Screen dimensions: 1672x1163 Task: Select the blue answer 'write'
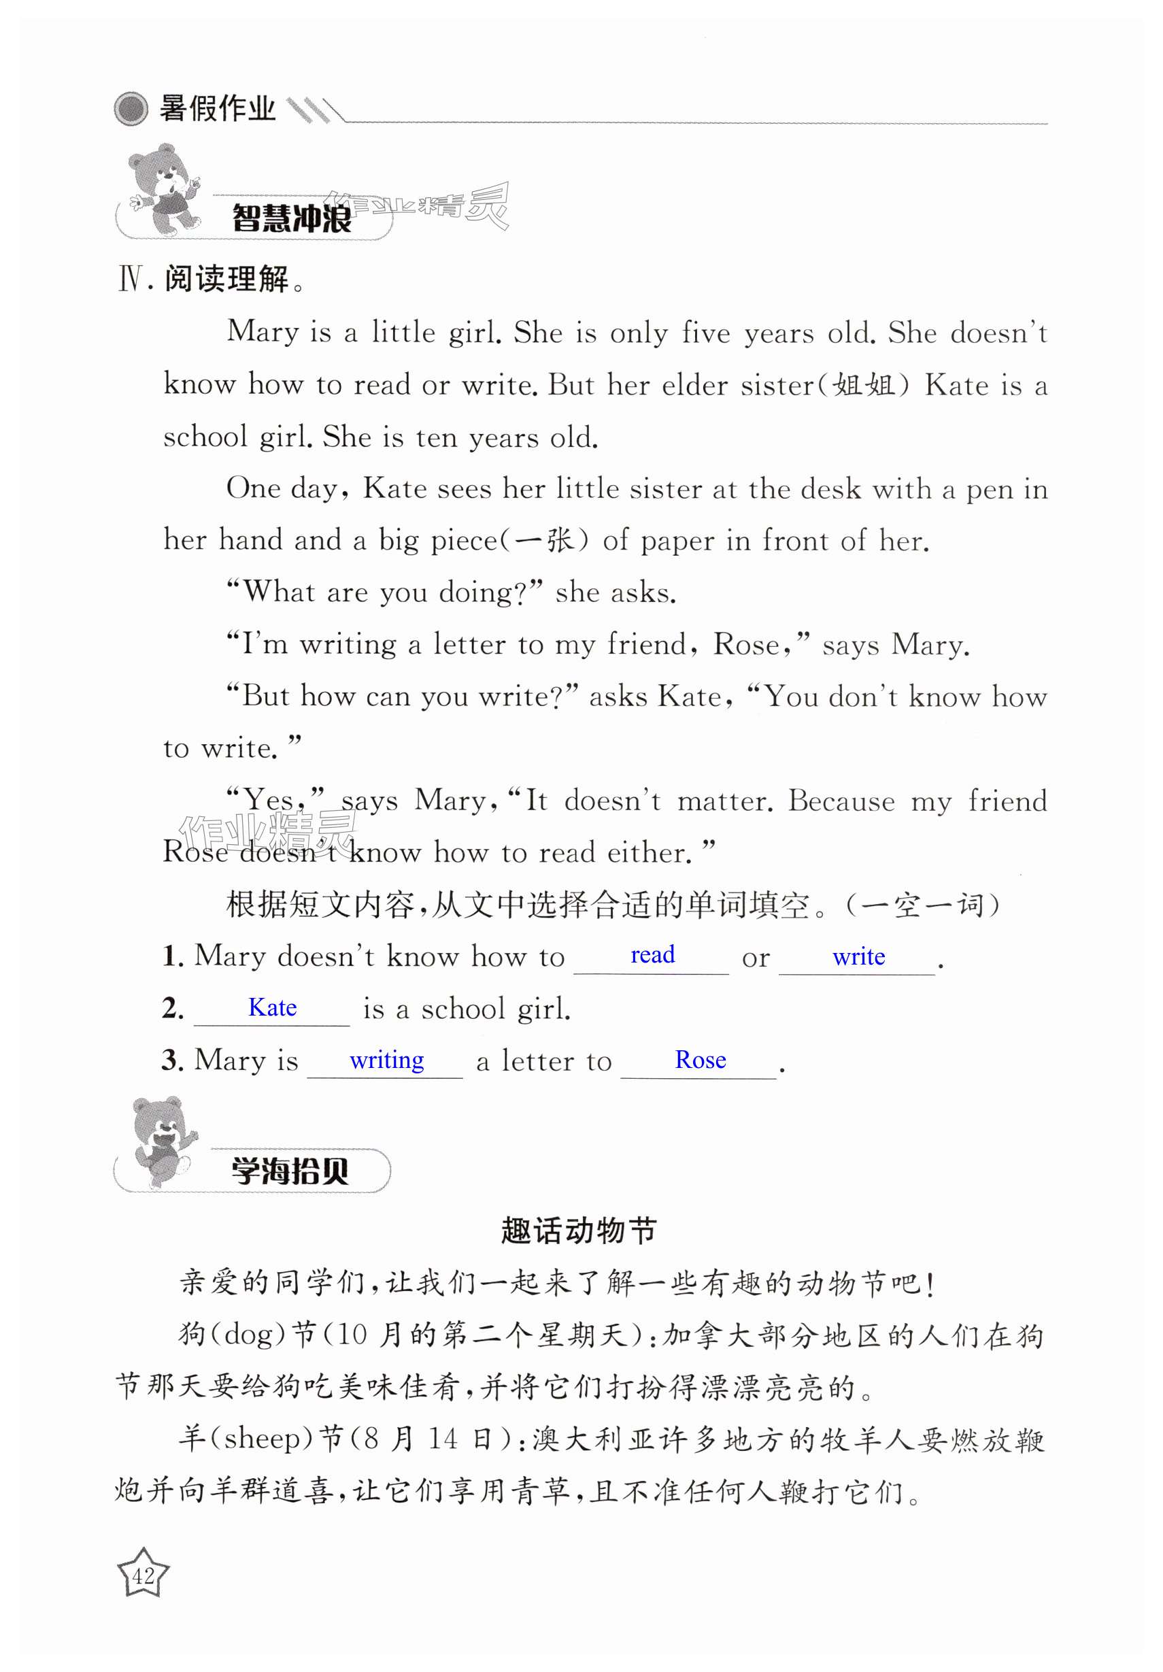[x=858, y=956]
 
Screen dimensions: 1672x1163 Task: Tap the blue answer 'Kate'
[x=272, y=1007]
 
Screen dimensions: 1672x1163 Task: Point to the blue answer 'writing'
[x=387, y=1060]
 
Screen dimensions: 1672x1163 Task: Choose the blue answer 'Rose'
[x=700, y=1060]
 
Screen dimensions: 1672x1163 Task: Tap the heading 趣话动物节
[x=579, y=1231]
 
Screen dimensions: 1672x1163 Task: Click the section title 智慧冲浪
[x=291, y=218]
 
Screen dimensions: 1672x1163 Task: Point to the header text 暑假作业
[x=217, y=110]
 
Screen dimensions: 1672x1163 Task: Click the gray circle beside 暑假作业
[x=131, y=110]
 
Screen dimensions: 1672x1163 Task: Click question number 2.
[x=173, y=1009]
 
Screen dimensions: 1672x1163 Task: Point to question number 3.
[x=173, y=1060]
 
